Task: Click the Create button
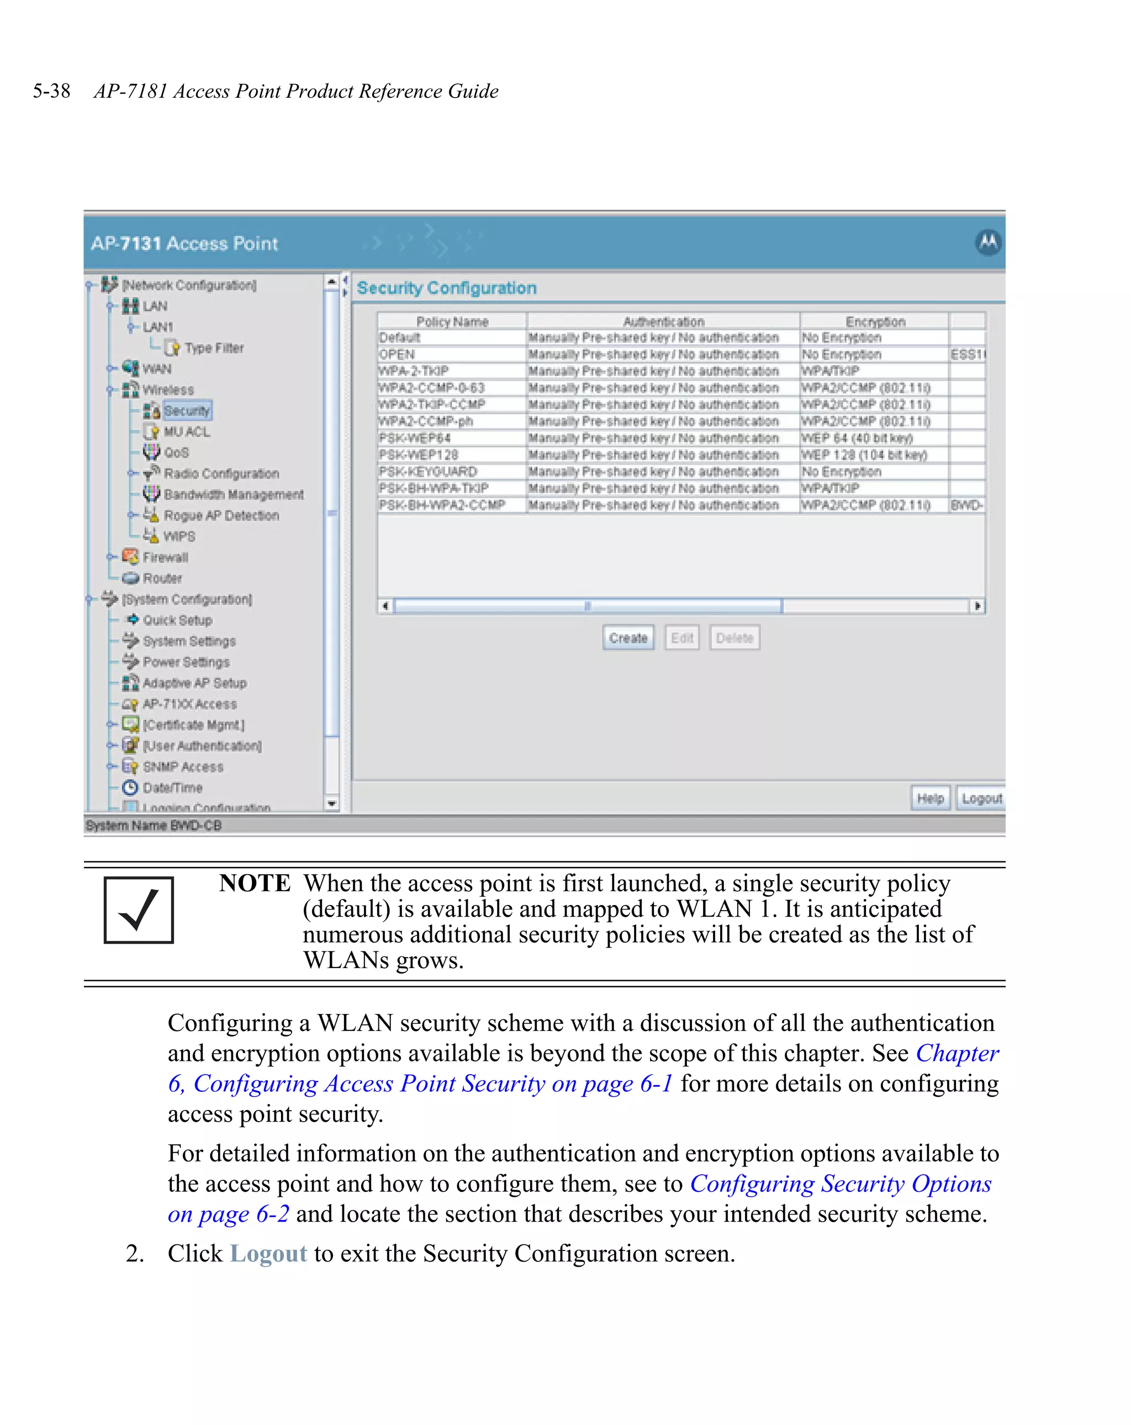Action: point(627,638)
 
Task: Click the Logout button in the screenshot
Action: point(980,798)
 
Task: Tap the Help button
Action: point(929,798)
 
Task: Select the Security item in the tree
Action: point(187,411)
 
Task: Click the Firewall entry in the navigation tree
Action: point(165,557)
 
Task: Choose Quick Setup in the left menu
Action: point(177,620)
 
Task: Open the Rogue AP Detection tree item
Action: point(221,516)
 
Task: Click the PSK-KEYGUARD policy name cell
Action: point(428,471)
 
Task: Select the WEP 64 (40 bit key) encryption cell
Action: point(857,438)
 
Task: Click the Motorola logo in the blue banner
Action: point(987,243)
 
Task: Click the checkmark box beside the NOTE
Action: point(139,909)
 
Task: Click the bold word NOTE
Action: point(255,883)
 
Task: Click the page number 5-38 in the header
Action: point(51,91)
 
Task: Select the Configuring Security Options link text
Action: point(839,1184)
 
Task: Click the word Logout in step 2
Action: point(268,1253)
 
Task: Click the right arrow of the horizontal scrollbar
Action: point(977,606)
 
